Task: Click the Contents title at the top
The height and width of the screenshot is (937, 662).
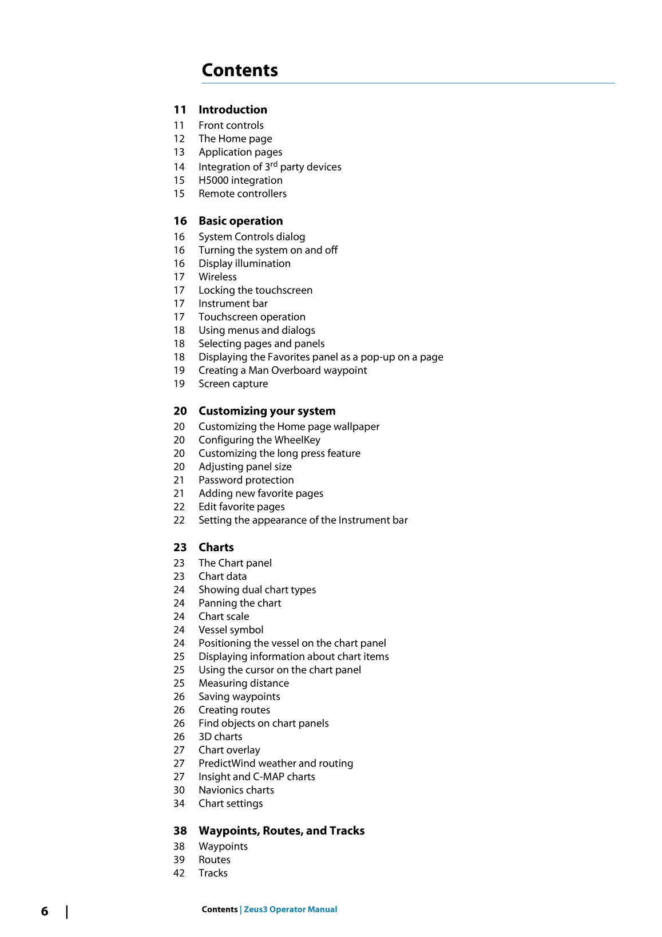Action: (240, 70)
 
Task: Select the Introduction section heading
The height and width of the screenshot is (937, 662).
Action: (232, 109)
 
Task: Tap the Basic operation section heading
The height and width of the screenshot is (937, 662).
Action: (240, 221)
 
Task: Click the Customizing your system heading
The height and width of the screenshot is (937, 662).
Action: (267, 411)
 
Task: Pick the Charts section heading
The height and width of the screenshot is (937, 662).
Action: (216, 547)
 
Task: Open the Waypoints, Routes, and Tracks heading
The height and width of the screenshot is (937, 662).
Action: (282, 831)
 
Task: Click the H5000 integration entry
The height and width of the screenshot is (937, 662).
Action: (240, 180)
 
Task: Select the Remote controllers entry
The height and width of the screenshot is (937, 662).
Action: (243, 193)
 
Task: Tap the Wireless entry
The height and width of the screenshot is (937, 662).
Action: (217, 277)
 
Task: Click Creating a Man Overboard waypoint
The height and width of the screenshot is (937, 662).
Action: (283, 370)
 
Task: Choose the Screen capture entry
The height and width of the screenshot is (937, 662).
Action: (233, 384)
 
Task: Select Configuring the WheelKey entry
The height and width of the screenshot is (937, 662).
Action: (259, 440)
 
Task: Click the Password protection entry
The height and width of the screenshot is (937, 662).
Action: (246, 480)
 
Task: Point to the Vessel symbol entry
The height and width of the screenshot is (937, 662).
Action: (231, 630)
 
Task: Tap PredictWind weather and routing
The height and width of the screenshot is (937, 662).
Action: (276, 764)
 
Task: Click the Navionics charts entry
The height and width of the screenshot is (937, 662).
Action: (236, 790)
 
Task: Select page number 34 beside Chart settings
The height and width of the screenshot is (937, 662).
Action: (179, 804)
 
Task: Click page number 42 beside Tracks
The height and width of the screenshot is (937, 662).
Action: (179, 873)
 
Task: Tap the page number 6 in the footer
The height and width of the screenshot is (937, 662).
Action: (45, 911)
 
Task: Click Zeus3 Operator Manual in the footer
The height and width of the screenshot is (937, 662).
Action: (291, 910)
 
